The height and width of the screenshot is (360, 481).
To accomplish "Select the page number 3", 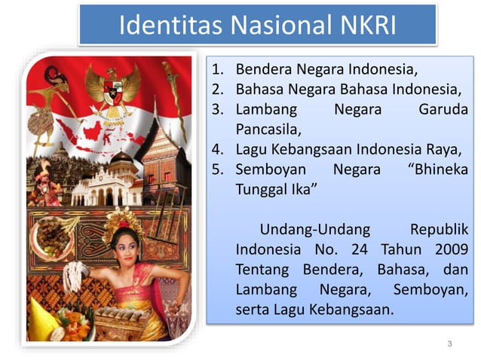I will point(449,344).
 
